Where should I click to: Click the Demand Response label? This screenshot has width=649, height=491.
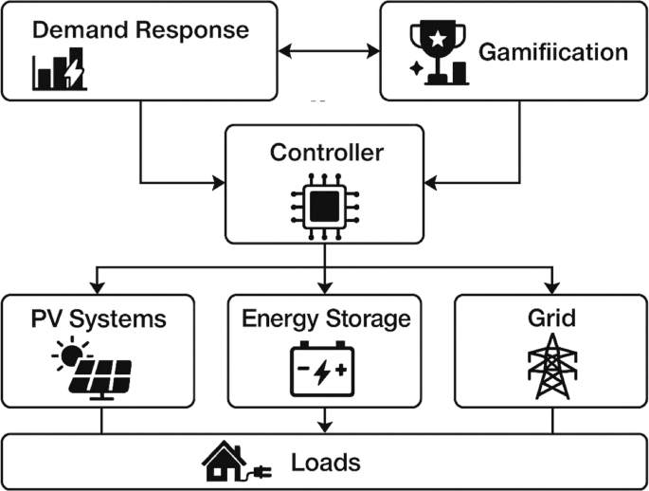[140, 29]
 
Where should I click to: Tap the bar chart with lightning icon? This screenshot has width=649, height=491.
[59, 69]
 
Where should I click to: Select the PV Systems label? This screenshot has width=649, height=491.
[98, 318]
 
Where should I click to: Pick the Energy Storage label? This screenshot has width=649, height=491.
[325, 318]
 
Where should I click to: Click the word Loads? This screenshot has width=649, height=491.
[325, 463]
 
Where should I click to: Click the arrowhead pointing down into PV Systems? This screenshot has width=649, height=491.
[98, 288]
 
